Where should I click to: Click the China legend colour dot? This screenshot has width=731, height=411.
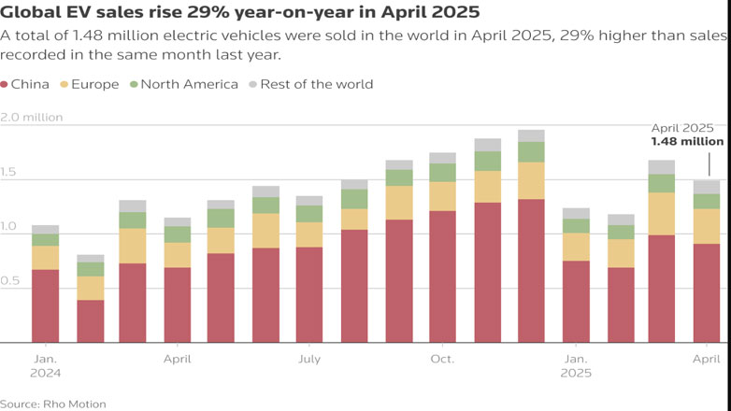point(7,84)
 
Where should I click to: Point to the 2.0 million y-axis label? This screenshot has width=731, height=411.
point(32,117)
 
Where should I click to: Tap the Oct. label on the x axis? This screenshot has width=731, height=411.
point(442,359)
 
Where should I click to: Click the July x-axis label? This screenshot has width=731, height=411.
point(309,359)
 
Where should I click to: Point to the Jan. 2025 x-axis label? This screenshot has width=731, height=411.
point(575,365)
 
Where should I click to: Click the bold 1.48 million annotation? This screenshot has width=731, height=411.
point(687,142)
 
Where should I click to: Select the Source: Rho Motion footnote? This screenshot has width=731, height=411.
point(53,404)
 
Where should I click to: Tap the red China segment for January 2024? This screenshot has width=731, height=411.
point(45,305)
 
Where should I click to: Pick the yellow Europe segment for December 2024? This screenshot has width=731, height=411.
point(531,180)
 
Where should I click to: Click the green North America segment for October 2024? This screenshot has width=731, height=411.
point(442,173)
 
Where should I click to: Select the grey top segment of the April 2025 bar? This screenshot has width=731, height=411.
point(708,187)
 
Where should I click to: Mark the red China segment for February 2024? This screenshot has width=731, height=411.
point(90,321)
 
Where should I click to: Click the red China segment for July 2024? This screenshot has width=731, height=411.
point(309,294)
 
